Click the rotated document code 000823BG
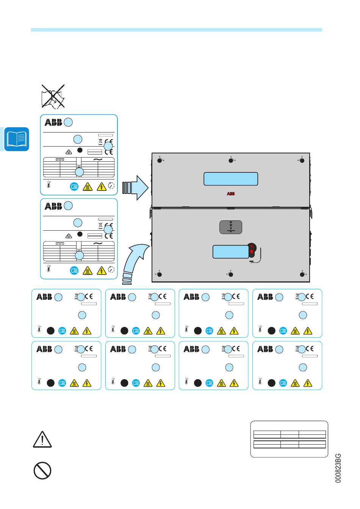click(338, 468)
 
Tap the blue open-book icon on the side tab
click(17, 139)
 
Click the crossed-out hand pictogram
click(53, 96)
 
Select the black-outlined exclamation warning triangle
click(42, 439)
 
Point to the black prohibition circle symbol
click(42, 470)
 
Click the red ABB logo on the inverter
click(231, 194)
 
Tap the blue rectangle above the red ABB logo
click(231, 179)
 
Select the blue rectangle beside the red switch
click(231, 251)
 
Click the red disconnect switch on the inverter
click(252, 250)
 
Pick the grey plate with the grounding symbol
click(231, 227)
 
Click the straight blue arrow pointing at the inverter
click(135, 188)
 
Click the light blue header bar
click(177, 30)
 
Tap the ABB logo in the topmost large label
click(53, 122)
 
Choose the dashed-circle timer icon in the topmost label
click(111, 186)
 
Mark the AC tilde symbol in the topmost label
click(98, 159)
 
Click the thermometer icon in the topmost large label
click(49, 184)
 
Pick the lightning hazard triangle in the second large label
click(102, 270)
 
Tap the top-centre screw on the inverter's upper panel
click(231, 161)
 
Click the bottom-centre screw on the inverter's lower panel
click(231, 274)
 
